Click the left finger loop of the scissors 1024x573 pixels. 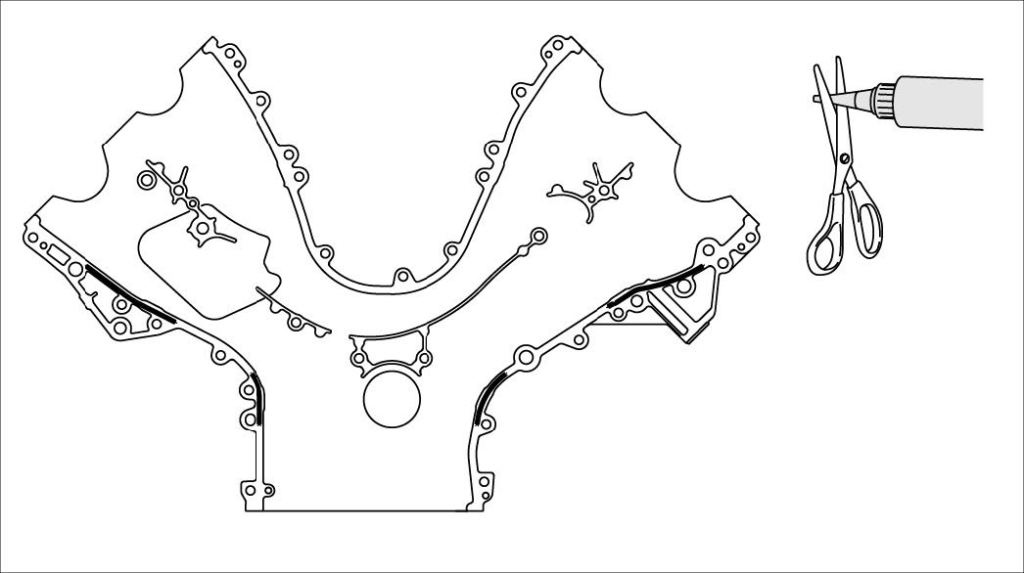point(827,244)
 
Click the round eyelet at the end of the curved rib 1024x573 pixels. point(536,236)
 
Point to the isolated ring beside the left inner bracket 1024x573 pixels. point(148,180)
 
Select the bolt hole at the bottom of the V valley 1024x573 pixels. point(400,275)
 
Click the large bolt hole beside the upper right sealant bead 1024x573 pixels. point(683,288)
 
